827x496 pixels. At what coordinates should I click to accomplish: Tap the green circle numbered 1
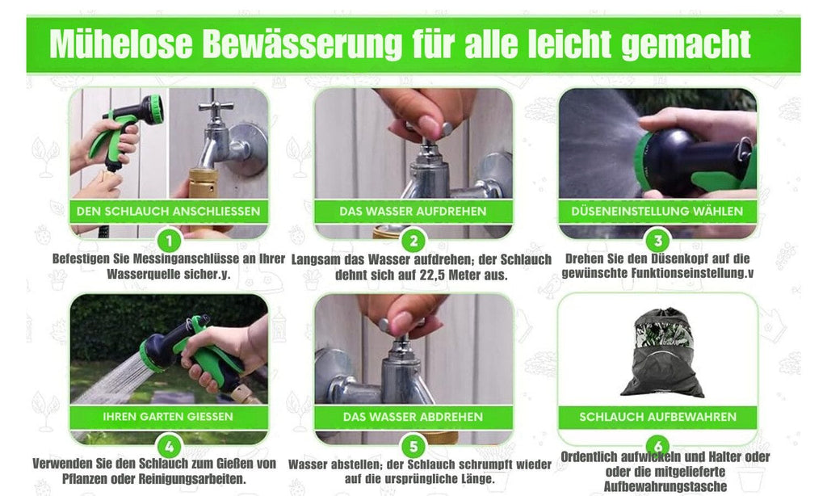(x=169, y=242)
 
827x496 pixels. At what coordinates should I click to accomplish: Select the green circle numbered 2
(x=413, y=242)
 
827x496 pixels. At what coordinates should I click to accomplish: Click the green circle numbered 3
(x=658, y=242)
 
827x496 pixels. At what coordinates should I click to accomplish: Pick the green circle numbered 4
(x=169, y=447)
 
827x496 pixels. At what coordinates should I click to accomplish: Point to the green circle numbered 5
(x=413, y=447)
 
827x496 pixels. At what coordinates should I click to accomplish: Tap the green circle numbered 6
(x=658, y=444)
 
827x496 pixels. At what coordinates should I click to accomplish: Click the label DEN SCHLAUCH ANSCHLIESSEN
(x=168, y=212)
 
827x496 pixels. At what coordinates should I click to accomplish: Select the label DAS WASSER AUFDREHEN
(x=413, y=212)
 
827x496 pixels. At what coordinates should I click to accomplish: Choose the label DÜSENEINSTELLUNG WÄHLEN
(x=657, y=211)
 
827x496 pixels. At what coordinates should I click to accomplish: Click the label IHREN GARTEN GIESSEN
(x=168, y=417)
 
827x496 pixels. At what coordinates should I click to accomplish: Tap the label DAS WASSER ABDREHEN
(x=413, y=417)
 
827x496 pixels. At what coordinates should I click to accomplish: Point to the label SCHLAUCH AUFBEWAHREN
(x=657, y=417)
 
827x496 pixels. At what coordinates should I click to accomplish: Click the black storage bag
(x=663, y=354)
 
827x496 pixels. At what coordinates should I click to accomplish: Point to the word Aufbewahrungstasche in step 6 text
(x=665, y=486)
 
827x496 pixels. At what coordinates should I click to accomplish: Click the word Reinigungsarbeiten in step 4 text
(x=192, y=479)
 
